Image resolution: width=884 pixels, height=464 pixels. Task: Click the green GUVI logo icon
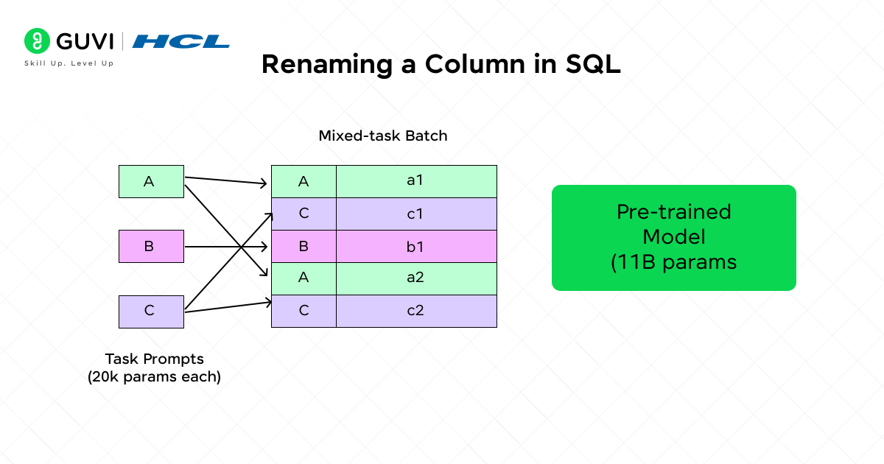click(x=35, y=40)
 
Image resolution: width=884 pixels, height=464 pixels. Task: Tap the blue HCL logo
click(x=181, y=41)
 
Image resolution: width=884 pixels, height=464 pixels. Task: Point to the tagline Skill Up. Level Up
click(x=69, y=63)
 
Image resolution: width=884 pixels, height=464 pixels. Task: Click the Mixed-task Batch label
click(x=383, y=136)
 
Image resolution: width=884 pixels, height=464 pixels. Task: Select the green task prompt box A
click(x=151, y=182)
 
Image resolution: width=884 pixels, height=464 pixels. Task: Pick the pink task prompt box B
click(x=151, y=247)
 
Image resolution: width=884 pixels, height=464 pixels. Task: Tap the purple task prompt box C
click(x=151, y=311)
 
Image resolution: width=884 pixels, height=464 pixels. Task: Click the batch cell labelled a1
click(x=416, y=181)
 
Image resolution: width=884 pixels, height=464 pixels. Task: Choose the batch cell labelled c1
click(x=416, y=214)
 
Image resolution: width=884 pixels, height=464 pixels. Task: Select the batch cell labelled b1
click(x=416, y=246)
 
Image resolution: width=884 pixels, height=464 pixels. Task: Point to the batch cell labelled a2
click(x=416, y=278)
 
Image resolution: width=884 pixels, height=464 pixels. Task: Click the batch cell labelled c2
click(x=416, y=311)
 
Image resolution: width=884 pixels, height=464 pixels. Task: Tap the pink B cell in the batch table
click(x=304, y=246)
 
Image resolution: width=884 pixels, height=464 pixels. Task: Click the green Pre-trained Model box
click(x=674, y=237)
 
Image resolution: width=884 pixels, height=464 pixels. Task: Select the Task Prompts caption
click(x=154, y=359)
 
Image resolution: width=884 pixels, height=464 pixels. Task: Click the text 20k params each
click(x=154, y=376)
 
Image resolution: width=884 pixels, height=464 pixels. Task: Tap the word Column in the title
click(x=488, y=64)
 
